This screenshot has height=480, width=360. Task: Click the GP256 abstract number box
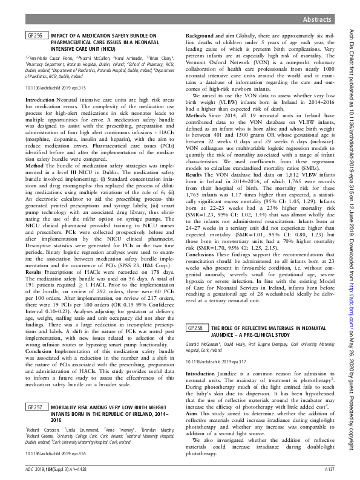[34, 36]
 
